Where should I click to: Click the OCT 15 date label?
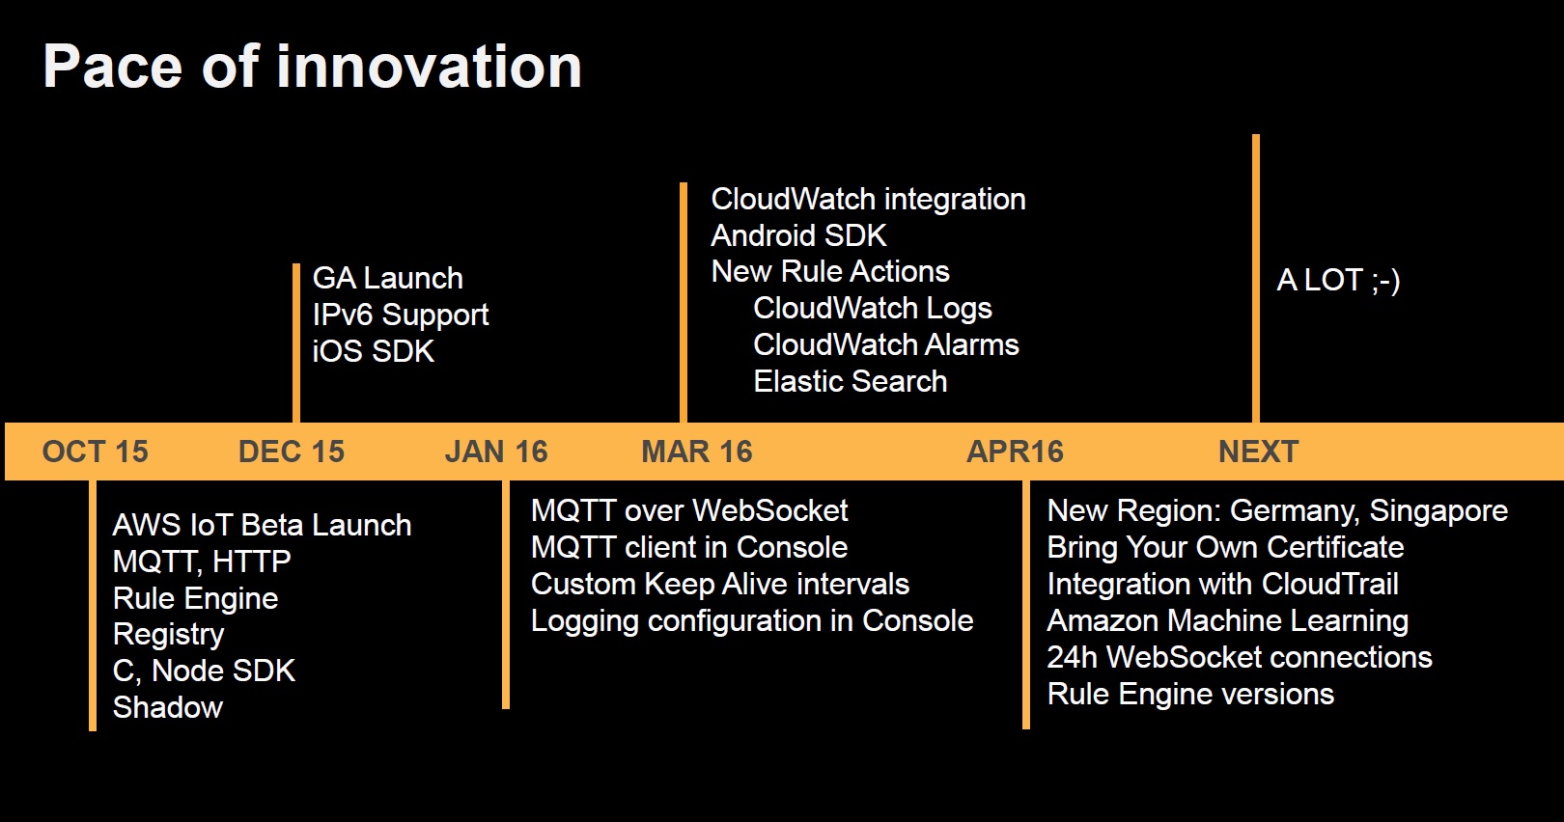click(95, 452)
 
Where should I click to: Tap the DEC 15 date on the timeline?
click(292, 452)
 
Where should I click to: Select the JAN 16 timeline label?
click(496, 452)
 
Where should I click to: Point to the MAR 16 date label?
click(697, 452)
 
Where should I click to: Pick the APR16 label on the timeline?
click(1015, 452)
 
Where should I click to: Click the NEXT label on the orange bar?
click(1258, 452)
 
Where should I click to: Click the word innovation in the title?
click(429, 67)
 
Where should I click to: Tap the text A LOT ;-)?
click(1338, 281)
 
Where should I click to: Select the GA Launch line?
click(387, 278)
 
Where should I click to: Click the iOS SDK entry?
click(374, 351)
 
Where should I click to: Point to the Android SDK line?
click(798, 235)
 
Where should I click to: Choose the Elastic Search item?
click(851, 381)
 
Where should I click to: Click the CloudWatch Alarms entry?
click(886, 344)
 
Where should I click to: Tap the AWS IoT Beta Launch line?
click(262, 525)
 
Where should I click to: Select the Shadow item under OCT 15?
click(168, 707)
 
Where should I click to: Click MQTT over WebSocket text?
click(689, 510)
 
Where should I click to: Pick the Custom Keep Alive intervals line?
click(720, 584)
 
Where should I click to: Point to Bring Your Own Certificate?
click(1225, 548)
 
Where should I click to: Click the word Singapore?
click(1438, 511)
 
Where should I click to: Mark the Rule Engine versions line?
click(1190, 695)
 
